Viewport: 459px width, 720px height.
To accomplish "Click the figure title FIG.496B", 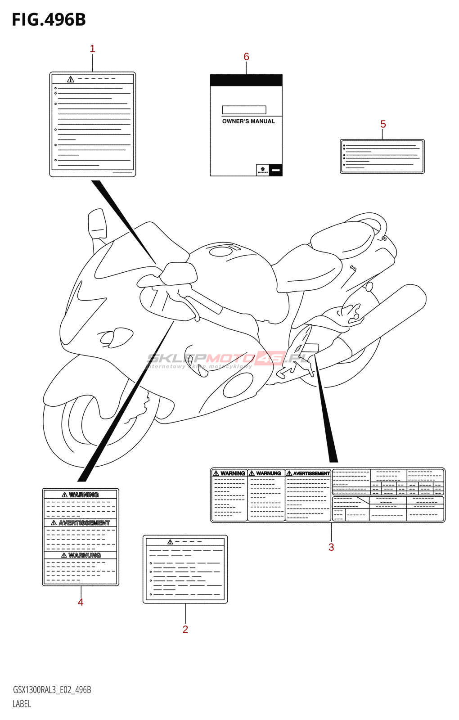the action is point(49,20).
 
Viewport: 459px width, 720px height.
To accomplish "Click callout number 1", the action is point(93,49).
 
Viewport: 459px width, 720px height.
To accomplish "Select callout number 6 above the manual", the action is point(246,57).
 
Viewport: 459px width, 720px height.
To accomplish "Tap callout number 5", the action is point(383,124).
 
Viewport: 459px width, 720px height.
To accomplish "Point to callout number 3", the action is point(331,547).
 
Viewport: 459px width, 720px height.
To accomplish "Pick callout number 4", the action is point(81,602).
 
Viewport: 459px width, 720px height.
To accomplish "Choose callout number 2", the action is point(185,629).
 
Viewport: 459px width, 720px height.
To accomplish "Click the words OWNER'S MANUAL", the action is point(248,121).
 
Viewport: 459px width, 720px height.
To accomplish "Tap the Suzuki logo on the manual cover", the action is point(262,170).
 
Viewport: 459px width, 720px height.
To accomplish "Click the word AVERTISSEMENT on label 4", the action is point(84,523).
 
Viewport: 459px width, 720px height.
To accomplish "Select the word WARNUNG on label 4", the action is point(84,555).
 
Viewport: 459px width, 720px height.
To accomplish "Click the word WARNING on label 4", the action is point(84,495).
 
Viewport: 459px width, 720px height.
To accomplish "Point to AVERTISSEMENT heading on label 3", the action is point(311,473).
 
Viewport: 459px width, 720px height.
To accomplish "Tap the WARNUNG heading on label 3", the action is point(268,473).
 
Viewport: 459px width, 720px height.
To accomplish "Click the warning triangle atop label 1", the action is point(71,79).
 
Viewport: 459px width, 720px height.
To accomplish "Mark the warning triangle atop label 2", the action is point(170,542).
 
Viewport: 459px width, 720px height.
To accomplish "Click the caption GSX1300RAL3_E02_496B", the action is point(52,690).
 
